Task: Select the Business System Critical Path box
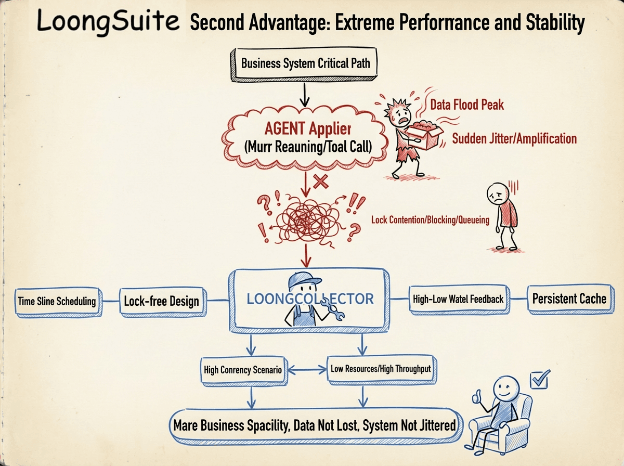(305, 64)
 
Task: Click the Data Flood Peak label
(467, 105)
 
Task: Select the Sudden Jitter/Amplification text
(514, 139)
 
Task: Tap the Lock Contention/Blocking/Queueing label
(430, 220)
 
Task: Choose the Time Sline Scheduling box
(57, 301)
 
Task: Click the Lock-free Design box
(161, 301)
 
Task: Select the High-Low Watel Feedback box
(458, 299)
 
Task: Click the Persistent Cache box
(569, 299)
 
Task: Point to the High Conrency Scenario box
(243, 370)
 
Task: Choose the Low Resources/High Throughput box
(381, 369)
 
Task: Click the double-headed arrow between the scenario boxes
(306, 370)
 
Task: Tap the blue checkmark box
(539, 380)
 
